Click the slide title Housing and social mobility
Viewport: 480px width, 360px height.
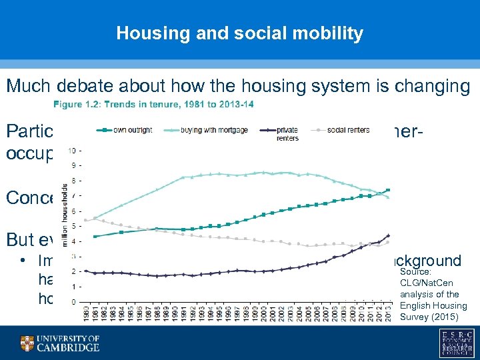point(239,33)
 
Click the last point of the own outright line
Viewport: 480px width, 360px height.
point(388,190)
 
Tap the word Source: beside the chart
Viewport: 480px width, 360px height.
point(415,272)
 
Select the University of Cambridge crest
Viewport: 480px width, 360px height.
point(27,343)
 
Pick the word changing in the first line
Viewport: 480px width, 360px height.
point(435,86)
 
